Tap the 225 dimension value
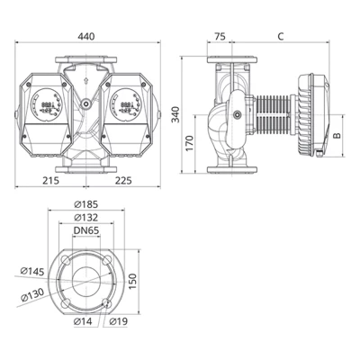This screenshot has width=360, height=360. click(123, 180)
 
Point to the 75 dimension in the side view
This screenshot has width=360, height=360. click(220, 36)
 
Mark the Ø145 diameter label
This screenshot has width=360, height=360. click(31, 269)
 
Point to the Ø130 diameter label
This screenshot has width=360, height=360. click(31, 293)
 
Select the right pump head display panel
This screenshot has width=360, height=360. click(126, 105)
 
